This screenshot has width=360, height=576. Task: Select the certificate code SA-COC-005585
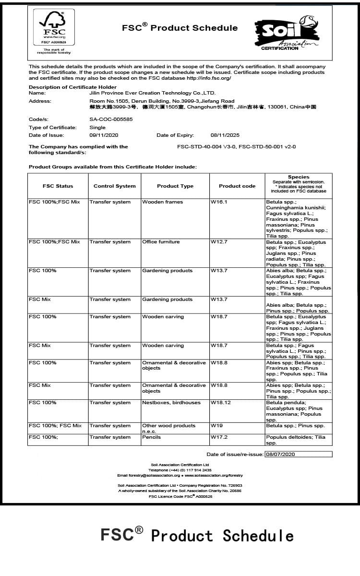click(x=111, y=119)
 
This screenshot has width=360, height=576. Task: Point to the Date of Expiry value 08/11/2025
click(x=225, y=135)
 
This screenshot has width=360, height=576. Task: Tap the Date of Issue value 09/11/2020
click(x=104, y=135)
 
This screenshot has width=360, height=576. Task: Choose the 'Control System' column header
click(x=114, y=186)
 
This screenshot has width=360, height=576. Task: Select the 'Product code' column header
click(x=237, y=186)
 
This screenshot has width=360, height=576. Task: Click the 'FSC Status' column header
click(x=58, y=186)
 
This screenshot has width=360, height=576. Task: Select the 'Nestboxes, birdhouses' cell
click(x=171, y=403)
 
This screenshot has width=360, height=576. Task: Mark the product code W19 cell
click(x=216, y=426)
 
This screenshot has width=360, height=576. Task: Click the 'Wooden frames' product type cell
click(x=162, y=202)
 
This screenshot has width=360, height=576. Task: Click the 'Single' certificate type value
click(x=97, y=127)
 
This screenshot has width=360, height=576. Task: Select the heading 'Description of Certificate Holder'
click(x=72, y=87)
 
